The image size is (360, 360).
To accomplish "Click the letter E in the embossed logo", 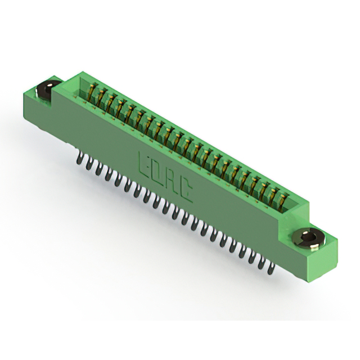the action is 144,164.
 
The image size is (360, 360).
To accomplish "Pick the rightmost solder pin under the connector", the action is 272,268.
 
